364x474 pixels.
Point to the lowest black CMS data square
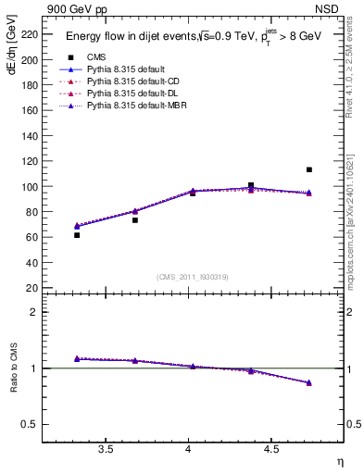pyautogui.click(x=77, y=235)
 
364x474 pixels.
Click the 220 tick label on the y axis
pyautogui.click(x=30, y=34)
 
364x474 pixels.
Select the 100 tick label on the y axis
pyautogui.click(x=30, y=186)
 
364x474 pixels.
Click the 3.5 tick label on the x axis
pyautogui.click(x=106, y=450)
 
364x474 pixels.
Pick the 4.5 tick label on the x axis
pyautogui.click(x=271, y=450)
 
